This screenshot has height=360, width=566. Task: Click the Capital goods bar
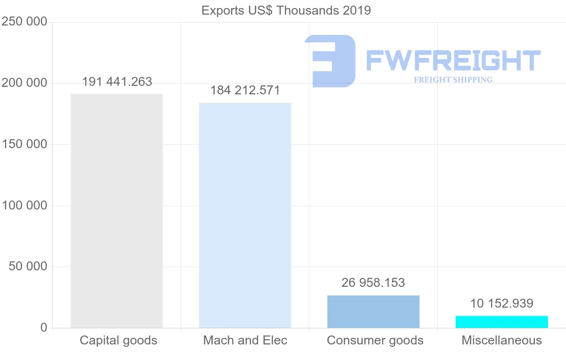click(x=117, y=210)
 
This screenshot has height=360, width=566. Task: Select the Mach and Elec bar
click(x=245, y=215)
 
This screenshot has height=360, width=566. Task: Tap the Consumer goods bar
click(x=373, y=311)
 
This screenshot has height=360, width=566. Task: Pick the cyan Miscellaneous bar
click(x=501, y=322)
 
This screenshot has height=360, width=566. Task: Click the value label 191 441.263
click(x=117, y=82)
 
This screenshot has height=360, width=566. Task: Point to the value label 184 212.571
click(x=245, y=90)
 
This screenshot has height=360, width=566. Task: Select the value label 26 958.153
click(x=373, y=283)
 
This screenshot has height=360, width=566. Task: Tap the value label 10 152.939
click(x=501, y=303)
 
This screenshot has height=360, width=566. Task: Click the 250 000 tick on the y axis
click(x=25, y=22)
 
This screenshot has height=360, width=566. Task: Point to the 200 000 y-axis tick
click(x=25, y=83)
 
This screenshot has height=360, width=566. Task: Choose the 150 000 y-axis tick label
click(x=25, y=144)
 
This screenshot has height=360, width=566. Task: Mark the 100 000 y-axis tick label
click(x=25, y=206)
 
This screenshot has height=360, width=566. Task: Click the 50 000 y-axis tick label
click(x=28, y=267)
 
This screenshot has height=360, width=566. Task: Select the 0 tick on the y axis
click(x=44, y=327)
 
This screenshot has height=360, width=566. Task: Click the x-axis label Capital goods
click(x=118, y=340)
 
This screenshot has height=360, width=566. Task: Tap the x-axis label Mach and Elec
click(x=245, y=340)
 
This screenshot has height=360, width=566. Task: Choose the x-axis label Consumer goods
click(x=375, y=340)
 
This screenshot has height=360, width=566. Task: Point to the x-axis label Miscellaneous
click(x=501, y=340)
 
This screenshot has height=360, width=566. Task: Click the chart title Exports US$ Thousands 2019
click(x=286, y=10)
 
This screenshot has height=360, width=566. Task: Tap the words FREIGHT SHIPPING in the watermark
click(x=453, y=80)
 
